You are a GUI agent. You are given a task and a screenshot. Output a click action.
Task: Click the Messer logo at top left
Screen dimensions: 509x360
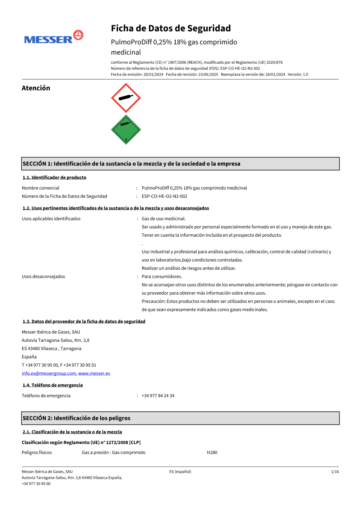click(54, 37)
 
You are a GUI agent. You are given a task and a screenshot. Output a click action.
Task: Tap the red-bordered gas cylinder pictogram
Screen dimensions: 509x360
click(126, 98)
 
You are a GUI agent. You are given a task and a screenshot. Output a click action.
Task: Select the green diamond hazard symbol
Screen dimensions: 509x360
click(126, 130)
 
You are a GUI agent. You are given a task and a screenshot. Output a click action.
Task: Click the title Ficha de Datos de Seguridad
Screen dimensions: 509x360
click(171, 28)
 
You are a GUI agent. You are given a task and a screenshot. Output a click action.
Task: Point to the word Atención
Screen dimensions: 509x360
click(36, 88)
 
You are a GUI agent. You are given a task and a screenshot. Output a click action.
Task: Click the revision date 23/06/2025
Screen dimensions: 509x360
click(208, 74)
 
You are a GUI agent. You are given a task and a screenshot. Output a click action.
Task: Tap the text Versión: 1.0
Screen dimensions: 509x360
click(298, 74)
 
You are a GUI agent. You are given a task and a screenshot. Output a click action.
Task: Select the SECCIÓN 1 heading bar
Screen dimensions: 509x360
click(180, 164)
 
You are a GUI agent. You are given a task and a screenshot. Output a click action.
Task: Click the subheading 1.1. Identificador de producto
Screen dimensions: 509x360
click(54, 177)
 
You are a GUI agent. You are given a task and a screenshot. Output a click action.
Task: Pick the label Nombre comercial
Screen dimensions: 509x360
click(40, 188)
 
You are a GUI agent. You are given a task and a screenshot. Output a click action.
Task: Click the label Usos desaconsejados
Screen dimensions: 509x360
click(43, 276)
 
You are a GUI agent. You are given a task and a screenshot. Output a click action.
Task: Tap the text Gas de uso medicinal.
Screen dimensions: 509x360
click(163, 218)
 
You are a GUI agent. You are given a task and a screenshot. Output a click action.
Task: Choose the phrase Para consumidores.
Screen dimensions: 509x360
click(162, 276)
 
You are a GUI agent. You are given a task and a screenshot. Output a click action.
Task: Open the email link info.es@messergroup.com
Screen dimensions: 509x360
click(49, 373)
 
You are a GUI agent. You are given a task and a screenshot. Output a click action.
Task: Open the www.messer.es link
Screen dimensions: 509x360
click(94, 373)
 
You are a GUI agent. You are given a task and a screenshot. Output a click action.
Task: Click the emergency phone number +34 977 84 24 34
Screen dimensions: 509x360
click(158, 396)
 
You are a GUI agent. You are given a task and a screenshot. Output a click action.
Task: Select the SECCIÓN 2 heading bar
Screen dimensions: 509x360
click(180, 418)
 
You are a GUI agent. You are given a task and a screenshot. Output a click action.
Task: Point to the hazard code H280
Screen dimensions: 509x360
click(212, 453)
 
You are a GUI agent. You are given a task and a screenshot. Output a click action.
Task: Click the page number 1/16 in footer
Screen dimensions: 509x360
click(335, 472)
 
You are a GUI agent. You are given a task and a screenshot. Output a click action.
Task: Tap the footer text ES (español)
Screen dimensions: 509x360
click(180, 472)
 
